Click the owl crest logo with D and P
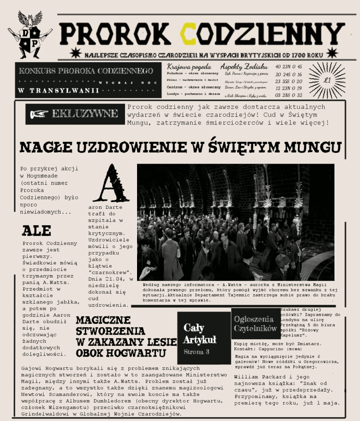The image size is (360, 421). pos(30,35)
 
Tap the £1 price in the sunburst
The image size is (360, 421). pos(327,81)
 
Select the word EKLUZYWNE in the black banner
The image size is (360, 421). pos(85,114)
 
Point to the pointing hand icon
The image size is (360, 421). pos(39,114)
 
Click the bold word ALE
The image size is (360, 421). pos(37,230)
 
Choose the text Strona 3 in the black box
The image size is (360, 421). pos(196,352)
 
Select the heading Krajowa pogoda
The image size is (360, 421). pos(189,67)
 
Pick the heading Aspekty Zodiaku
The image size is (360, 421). pos(244,67)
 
